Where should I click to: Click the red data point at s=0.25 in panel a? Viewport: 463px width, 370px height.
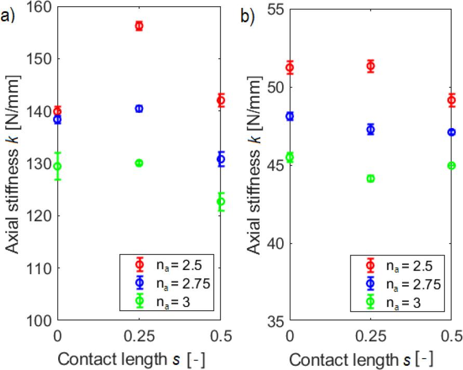coord(139,26)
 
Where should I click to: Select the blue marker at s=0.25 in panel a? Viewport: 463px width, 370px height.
coord(139,109)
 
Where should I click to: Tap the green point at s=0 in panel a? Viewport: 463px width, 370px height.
coord(58,167)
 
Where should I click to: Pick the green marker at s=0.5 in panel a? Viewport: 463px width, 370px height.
coord(221,201)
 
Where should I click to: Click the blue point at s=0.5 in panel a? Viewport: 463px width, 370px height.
coord(221,159)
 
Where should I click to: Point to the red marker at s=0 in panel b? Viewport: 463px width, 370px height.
coord(289,68)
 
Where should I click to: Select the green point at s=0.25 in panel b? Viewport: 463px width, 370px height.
coord(371,178)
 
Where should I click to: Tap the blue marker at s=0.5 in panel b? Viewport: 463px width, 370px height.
coord(452,132)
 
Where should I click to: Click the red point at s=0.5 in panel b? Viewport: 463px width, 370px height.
coord(452,100)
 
